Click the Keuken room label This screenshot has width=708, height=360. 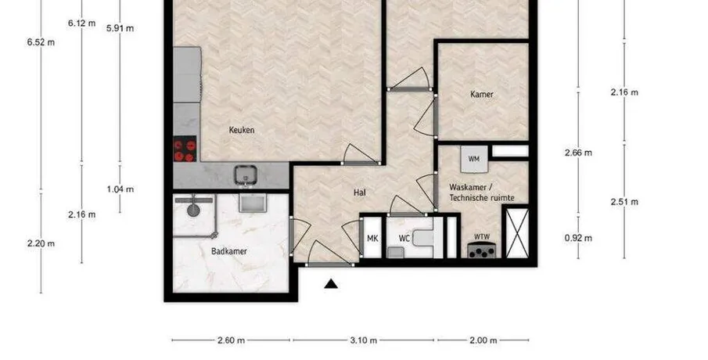pyautogui.click(x=242, y=130)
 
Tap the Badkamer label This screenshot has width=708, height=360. pyautogui.click(x=229, y=251)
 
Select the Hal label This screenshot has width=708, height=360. pyautogui.click(x=360, y=193)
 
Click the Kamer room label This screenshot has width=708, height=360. pyautogui.click(x=482, y=95)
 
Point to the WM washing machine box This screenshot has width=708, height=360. pyautogui.click(x=474, y=159)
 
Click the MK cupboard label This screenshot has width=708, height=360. pyautogui.click(x=372, y=239)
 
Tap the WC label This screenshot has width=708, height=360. pyautogui.click(x=404, y=239)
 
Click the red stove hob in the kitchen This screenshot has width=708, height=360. pyautogui.click(x=185, y=149)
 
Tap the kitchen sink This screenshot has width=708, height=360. pyautogui.click(x=246, y=175)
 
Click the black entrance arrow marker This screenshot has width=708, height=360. pyautogui.click(x=331, y=283)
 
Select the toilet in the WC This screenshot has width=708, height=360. pyautogui.click(x=422, y=238)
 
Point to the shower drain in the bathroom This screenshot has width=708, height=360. pyautogui.click(x=193, y=210)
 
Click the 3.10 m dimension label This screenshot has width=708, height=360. pyautogui.click(x=363, y=340)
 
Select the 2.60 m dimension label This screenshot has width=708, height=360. pyautogui.click(x=232, y=340)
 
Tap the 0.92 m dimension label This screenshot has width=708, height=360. pyautogui.click(x=578, y=238)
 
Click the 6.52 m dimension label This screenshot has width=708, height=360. pyautogui.click(x=41, y=42)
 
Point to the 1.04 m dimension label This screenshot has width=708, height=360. pyautogui.click(x=120, y=189)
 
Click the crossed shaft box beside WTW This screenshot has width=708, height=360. pyautogui.click(x=517, y=232)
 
